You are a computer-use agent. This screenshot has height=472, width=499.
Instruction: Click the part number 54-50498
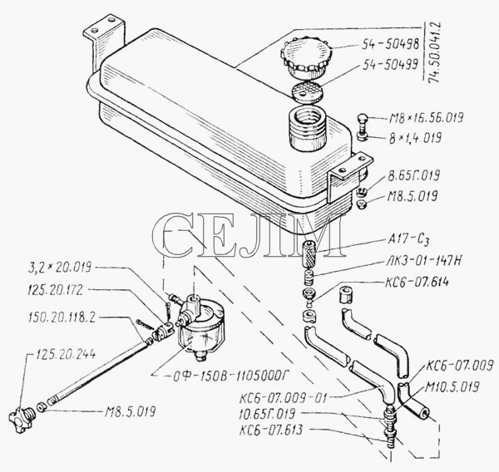(x=391, y=45)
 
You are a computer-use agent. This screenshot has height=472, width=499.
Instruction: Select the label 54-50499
(x=391, y=65)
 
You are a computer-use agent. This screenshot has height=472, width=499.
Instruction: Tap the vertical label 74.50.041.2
(x=435, y=52)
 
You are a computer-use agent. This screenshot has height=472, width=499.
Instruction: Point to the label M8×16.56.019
(x=427, y=118)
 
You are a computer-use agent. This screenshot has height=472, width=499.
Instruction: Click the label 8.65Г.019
(x=413, y=175)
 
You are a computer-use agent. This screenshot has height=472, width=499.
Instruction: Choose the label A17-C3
(x=408, y=240)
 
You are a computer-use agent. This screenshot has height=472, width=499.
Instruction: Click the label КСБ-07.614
(x=417, y=282)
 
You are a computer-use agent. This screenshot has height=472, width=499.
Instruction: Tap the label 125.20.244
(x=66, y=354)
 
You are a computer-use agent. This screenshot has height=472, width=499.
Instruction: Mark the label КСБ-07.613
(x=271, y=430)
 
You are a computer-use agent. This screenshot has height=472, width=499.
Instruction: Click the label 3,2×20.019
(x=60, y=267)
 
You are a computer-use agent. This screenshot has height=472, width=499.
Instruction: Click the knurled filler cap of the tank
(x=306, y=57)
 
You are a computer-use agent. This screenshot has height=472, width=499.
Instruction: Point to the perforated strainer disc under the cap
(x=308, y=92)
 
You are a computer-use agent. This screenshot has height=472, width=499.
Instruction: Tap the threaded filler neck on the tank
(x=308, y=128)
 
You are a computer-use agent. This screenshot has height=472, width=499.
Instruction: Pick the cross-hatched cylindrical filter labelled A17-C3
(x=309, y=253)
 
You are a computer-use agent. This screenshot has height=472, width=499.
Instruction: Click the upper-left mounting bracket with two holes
(x=103, y=42)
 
